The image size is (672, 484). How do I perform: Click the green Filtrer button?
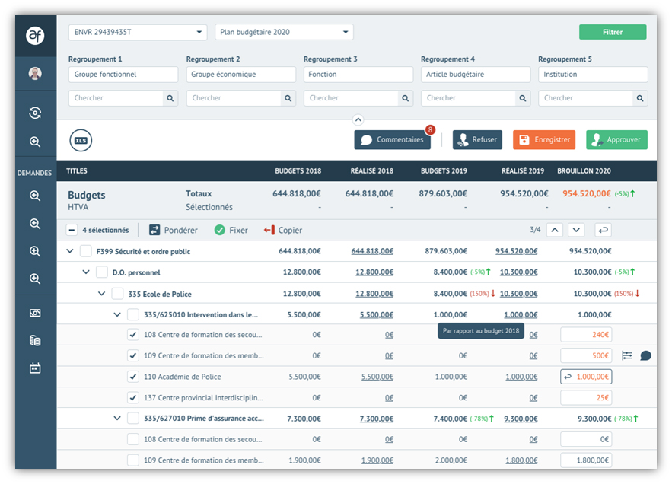[x=612, y=32]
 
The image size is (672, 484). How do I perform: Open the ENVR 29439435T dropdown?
[x=137, y=32]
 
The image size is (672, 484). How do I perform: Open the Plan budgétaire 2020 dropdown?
[x=284, y=32]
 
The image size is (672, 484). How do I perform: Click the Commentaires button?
[x=392, y=140]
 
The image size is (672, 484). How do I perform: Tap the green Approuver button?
[x=616, y=140]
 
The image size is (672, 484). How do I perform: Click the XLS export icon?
[x=81, y=140]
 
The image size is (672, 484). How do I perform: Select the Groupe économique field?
[x=240, y=75]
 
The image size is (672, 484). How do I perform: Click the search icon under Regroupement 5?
[x=641, y=98]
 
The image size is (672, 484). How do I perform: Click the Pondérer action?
[x=174, y=230]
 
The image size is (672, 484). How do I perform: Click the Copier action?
[x=282, y=230]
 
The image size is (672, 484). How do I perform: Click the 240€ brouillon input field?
[x=586, y=334]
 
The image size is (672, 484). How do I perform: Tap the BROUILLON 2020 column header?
[x=584, y=171]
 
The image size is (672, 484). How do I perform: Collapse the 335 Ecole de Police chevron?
[x=102, y=294]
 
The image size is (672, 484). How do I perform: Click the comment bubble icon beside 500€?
[x=645, y=355]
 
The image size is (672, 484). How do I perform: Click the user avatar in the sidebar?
[x=35, y=74]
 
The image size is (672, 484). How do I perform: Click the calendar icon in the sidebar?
[x=35, y=368]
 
